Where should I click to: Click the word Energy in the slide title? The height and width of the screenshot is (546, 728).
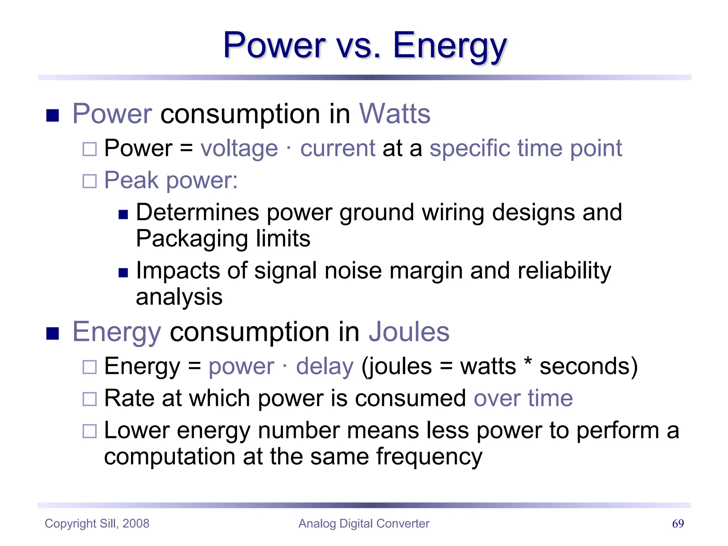(449, 46)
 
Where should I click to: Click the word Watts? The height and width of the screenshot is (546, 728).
(395, 114)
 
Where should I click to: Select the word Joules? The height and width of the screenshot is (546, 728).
(409, 332)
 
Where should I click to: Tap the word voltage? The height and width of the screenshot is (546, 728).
(239, 148)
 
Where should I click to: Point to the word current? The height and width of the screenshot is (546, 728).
(337, 148)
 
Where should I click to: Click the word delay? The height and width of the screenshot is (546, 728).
(325, 366)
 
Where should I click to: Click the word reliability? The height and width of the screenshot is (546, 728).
(564, 271)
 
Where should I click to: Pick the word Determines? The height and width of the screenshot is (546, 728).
(197, 213)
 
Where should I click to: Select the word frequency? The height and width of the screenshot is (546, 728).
(429, 457)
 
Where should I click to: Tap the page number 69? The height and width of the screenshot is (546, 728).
(678, 524)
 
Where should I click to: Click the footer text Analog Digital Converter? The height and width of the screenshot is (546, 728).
(364, 524)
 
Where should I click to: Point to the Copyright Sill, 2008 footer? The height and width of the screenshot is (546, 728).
(97, 524)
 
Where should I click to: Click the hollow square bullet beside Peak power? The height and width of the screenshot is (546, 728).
(89, 181)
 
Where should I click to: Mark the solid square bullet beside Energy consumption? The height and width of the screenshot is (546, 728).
(53, 333)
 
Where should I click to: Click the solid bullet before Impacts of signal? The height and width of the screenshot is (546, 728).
(123, 273)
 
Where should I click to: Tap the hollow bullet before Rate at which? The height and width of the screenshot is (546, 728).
(89, 399)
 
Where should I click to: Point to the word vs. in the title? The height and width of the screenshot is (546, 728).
(359, 46)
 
